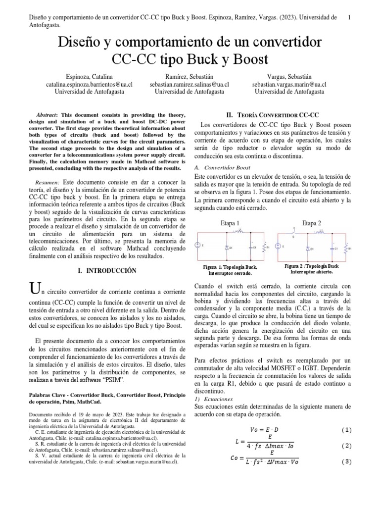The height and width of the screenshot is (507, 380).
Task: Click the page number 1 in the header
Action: [x=349, y=17]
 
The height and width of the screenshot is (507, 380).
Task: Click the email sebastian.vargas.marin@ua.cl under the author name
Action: [x=289, y=85]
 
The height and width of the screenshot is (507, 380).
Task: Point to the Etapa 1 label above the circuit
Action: [x=230, y=223]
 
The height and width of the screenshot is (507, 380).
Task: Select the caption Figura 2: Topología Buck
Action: [x=312, y=266]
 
